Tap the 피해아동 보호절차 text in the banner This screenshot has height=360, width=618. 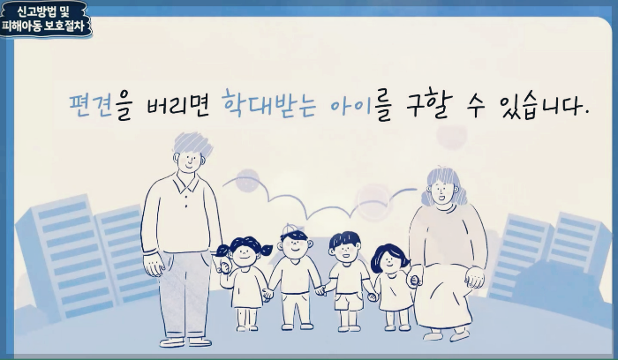[46, 26]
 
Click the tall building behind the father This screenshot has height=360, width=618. [66, 256]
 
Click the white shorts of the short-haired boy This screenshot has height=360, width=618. [347, 300]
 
